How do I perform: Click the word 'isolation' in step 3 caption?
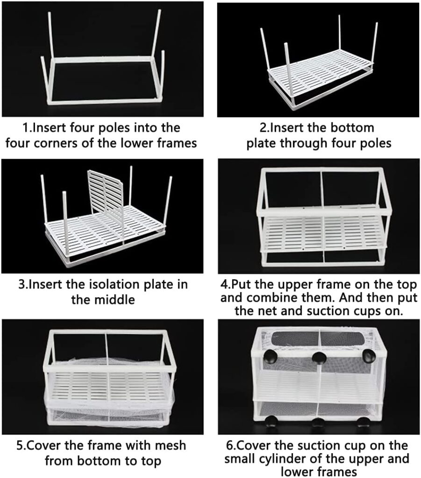[110, 284]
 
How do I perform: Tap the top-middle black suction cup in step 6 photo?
[319, 358]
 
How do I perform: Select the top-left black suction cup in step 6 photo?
[271, 358]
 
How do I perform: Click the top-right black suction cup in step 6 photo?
[369, 355]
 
